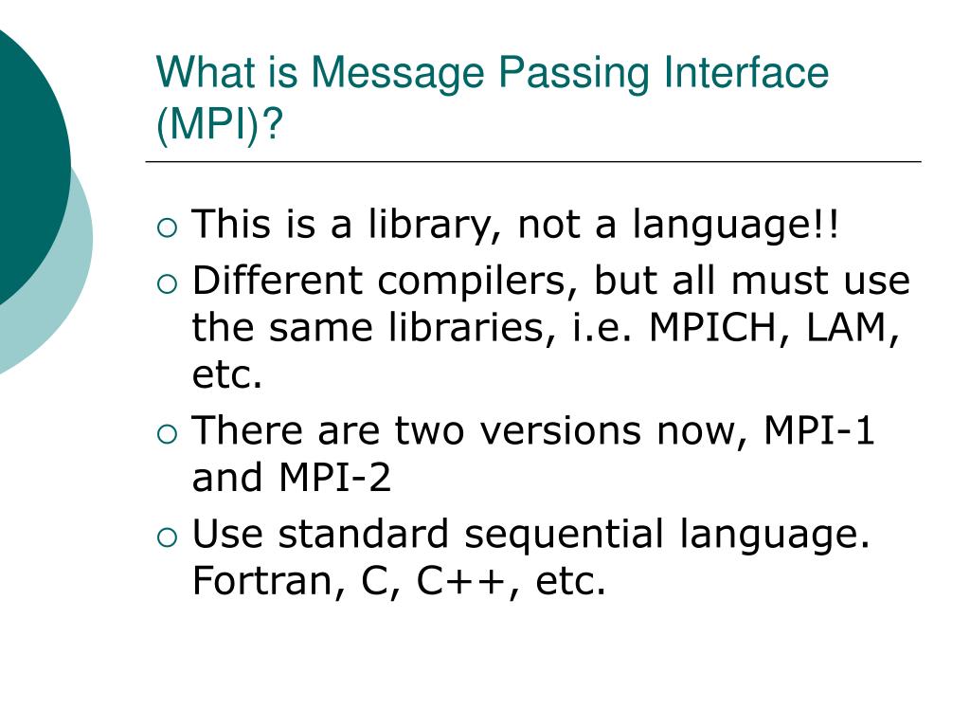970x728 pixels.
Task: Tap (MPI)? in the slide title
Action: pos(221,123)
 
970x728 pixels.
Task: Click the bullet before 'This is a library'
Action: pos(167,227)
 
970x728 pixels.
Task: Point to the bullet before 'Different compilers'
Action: pos(167,282)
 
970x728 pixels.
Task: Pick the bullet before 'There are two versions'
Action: pos(167,433)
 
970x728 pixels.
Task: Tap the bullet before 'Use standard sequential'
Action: pos(167,537)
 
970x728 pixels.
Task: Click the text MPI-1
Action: pos(820,431)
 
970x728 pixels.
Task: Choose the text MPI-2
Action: pos(334,479)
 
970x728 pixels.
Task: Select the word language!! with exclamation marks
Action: pos(736,227)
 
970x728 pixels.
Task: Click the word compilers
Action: pos(478,282)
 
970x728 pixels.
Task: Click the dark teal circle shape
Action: pos(24,161)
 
